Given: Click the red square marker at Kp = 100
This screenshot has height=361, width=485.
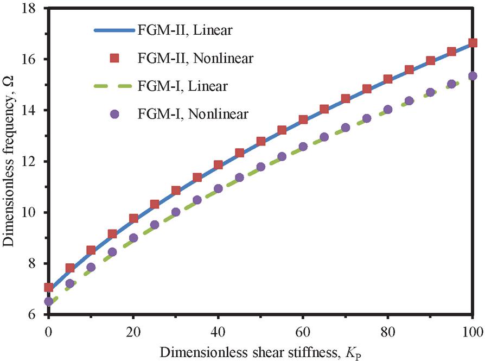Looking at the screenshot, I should point(473,43).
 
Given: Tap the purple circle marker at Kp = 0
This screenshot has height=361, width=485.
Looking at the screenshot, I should point(48,301).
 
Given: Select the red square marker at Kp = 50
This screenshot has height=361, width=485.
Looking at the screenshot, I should point(261,141).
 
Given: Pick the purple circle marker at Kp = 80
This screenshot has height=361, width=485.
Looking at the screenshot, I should point(388,109).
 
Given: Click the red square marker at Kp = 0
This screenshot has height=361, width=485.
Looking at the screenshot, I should point(48,287).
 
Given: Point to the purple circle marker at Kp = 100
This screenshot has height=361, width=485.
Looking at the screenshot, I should point(473,76).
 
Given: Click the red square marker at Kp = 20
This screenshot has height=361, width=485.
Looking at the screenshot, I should point(133,219).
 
